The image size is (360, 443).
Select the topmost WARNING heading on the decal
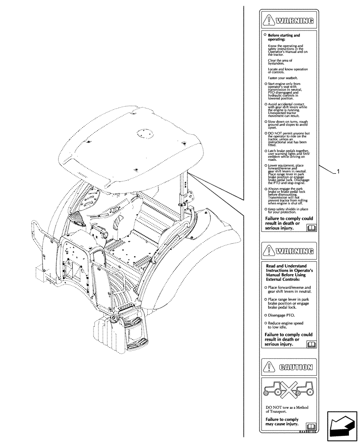294,20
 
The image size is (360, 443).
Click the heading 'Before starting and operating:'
284,37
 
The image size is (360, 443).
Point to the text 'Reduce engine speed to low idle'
286,325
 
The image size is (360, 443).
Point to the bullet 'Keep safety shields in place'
287,210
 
